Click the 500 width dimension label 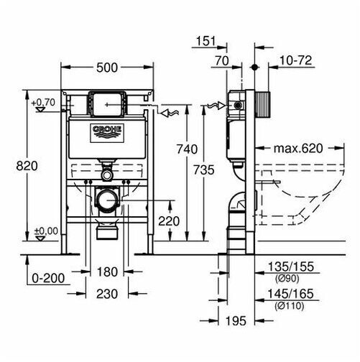pyautogui.click(x=107, y=68)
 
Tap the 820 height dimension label pyautogui.click(x=27, y=166)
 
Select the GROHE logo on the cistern pyautogui.click(x=107, y=133)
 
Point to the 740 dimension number pyautogui.click(x=187, y=149)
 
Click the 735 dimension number pyautogui.click(x=204, y=170)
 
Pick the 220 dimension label pyautogui.click(x=169, y=221)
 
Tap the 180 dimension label pyautogui.click(x=107, y=272)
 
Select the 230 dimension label pyautogui.click(x=107, y=294)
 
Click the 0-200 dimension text pyautogui.click(x=48, y=278)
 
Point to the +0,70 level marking pyautogui.click(x=43, y=103)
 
